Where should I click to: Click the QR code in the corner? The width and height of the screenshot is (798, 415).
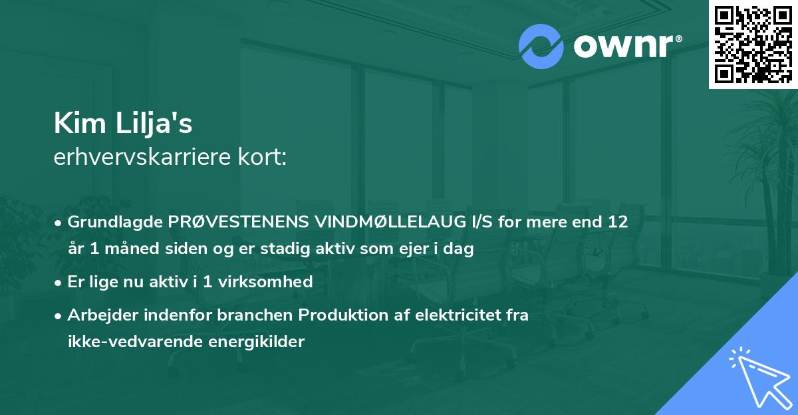click(x=753, y=45)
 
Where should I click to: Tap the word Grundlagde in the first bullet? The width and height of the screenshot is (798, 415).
click(x=109, y=221)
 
